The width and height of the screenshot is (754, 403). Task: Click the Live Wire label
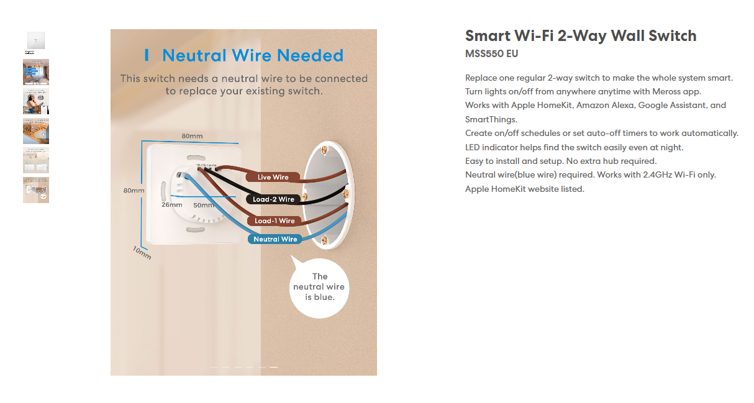[273, 177]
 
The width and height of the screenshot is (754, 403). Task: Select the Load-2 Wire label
[273, 199]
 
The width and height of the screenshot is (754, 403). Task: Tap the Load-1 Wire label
[275, 221]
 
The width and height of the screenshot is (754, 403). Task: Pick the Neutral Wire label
[275, 239]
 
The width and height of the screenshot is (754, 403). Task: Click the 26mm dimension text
[171, 205]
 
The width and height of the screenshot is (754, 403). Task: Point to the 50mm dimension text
[203, 205]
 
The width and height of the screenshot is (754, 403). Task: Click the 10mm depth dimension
[142, 253]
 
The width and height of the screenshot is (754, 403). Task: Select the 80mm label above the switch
[192, 136]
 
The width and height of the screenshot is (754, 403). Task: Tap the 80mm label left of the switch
[134, 190]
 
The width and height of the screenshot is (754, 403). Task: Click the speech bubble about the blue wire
[319, 287]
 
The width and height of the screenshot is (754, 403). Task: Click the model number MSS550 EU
[491, 54]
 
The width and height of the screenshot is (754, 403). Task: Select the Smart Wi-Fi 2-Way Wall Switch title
[581, 35]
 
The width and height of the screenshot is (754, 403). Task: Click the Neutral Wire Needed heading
[252, 55]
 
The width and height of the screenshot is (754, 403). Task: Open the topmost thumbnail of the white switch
[35, 40]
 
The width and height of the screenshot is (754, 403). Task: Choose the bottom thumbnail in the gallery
[36, 190]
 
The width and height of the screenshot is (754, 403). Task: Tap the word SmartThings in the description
[491, 119]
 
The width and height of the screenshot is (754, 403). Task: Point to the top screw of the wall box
[324, 150]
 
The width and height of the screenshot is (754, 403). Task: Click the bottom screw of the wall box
[324, 240]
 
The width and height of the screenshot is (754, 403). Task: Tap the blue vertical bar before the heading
[147, 55]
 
